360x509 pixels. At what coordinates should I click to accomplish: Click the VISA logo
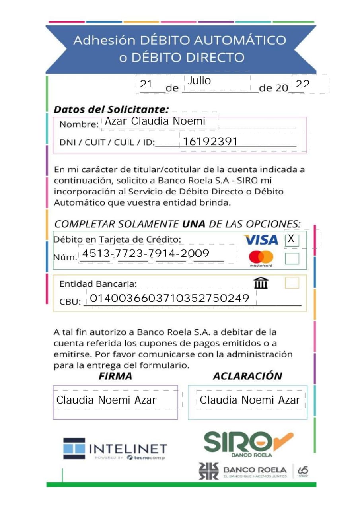(261, 240)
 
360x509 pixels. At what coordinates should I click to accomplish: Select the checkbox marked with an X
(292, 240)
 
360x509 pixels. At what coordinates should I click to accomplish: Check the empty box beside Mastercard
(292, 259)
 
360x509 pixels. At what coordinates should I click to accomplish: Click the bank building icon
(261, 283)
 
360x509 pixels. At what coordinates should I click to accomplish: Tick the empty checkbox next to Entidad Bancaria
(292, 283)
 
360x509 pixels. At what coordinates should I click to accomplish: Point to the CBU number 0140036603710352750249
(170, 298)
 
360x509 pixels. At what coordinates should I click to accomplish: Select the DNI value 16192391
(210, 142)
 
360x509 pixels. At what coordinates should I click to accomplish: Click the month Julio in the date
(199, 81)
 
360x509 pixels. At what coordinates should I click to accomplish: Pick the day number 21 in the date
(146, 84)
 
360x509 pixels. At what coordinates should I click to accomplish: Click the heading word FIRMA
(115, 376)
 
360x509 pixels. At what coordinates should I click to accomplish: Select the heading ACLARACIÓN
(247, 376)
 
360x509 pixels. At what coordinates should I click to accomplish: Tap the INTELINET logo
(115, 449)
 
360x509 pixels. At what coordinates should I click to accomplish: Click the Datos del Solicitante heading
(111, 109)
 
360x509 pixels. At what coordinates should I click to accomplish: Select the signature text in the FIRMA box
(107, 400)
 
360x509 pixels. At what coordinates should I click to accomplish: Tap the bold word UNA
(194, 224)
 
